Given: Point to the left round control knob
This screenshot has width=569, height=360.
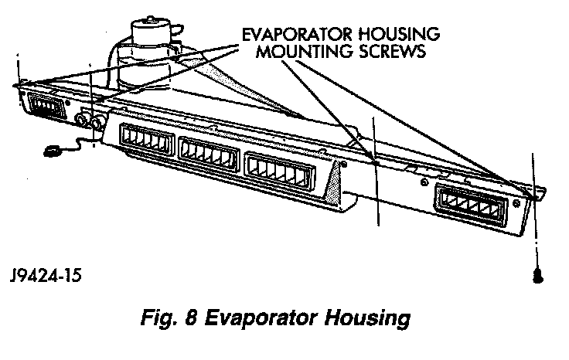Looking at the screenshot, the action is click(x=83, y=121).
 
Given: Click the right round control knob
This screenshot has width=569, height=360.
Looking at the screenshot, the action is click(x=97, y=124).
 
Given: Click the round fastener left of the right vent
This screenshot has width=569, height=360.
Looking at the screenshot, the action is click(x=424, y=184).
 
